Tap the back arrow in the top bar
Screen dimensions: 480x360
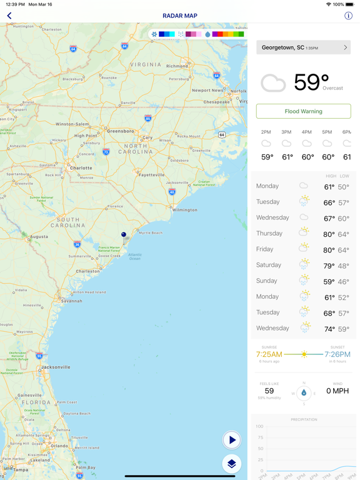(9, 16)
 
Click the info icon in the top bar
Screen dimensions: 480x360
(348, 16)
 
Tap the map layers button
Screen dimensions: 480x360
(232, 464)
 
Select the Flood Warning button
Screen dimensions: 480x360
(303, 111)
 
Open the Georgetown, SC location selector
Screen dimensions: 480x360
(303, 47)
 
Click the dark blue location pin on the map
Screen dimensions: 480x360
(124, 235)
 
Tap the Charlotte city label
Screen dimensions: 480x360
(81, 168)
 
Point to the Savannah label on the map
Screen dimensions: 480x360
(72, 301)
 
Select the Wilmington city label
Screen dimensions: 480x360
(185, 210)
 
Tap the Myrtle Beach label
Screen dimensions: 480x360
(151, 232)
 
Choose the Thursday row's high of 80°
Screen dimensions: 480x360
(329, 234)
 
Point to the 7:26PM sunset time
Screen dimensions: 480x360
(337, 354)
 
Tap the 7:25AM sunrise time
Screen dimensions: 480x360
(269, 354)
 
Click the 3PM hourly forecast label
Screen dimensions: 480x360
(286, 132)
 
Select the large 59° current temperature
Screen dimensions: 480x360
(311, 82)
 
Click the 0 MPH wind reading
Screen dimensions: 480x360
(337, 391)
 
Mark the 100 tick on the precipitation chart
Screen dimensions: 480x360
(259, 426)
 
